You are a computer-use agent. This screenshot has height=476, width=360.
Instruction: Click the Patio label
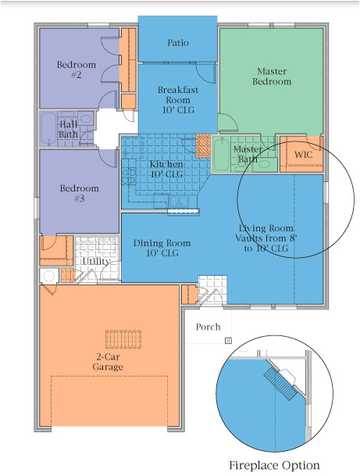click(x=178, y=43)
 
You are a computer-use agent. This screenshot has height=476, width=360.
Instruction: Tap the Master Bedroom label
click(x=272, y=76)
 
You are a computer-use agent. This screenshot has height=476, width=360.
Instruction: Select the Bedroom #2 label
click(x=76, y=70)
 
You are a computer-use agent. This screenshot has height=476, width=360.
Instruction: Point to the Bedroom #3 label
click(x=79, y=193)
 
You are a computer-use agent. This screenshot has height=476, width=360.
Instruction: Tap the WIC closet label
click(x=303, y=155)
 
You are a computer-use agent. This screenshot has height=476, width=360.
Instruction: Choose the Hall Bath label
click(x=68, y=129)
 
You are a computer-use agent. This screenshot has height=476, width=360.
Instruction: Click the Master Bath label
click(x=248, y=154)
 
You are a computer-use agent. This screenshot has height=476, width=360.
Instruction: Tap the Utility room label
click(x=96, y=261)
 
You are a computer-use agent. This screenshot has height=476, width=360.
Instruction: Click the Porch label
click(x=208, y=327)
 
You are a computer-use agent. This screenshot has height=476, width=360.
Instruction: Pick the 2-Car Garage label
click(x=108, y=362)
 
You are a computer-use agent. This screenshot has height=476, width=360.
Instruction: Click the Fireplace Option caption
click(x=274, y=465)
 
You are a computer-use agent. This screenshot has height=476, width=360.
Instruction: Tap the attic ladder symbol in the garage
click(x=123, y=339)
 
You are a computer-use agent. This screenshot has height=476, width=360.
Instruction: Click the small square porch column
click(x=228, y=341)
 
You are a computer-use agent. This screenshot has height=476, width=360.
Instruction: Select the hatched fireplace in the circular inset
click(x=280, y=384)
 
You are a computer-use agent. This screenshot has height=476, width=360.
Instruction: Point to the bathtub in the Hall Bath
click(x=48, y=129)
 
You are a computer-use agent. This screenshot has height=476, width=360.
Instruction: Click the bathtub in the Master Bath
click(x=222, y=155)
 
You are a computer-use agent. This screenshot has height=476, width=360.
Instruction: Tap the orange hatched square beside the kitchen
click(x=203, y=146)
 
